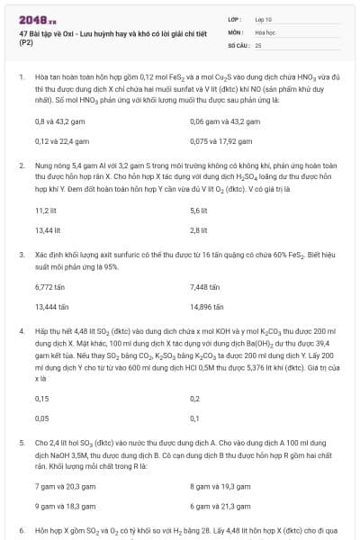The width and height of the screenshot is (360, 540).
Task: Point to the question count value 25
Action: (x=258, y=44)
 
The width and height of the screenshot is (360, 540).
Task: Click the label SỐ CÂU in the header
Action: (x=238, y=44)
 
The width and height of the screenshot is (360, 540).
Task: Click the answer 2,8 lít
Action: (x=199, y=229)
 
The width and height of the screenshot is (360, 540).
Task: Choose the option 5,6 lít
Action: (x=199, y=210)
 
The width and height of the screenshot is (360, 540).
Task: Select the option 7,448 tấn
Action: (x=205, y=287)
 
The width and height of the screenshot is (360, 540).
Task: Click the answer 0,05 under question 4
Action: (x=41, y=418)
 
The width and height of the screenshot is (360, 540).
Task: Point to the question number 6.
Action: (x=21, y=531)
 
